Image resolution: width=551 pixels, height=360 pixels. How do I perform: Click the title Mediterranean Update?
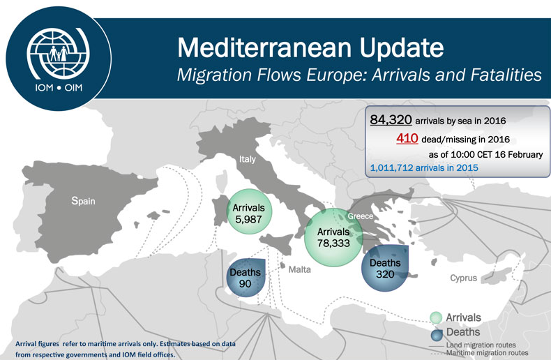pyautogui.click(x=310, y=47)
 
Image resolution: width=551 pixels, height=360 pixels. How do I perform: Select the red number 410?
pyautogui.click(x=407, y=138)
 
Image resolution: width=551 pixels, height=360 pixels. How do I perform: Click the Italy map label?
pyautogui.click(x=248, y=159)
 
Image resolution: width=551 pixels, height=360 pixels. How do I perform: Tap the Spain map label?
pyautogui.click(x=83, y=201)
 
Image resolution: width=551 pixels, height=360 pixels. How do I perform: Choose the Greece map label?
pyautogui.click(x=361, y=216)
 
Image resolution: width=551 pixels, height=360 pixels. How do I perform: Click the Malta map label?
pyautogui.click(x=299, y=268)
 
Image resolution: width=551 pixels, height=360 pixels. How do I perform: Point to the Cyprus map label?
pyautogui.click(x=463, y=278)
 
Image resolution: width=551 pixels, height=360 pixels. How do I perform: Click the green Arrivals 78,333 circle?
pyautogui.click(x=333, y=238)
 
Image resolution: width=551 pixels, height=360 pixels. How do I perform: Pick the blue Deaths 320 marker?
pyautogui.click(x=384, y=269)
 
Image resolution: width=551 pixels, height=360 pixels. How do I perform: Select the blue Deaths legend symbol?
pyautogui.click(x=436, y=333)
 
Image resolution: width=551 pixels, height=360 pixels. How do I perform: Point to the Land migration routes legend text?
pyautogui.click(x=481, y=344)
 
